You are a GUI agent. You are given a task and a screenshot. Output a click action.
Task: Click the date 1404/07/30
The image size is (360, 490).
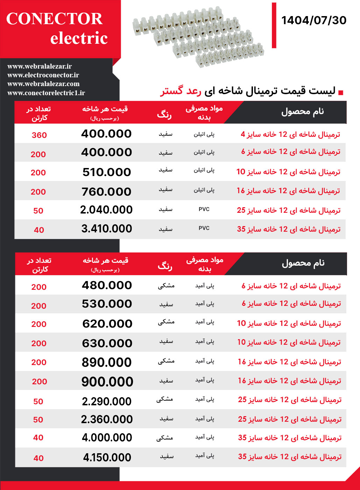(313, 20)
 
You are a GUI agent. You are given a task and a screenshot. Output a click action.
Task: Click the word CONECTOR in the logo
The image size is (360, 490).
(55, 19)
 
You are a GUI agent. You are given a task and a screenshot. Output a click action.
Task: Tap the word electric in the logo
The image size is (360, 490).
(79, 38)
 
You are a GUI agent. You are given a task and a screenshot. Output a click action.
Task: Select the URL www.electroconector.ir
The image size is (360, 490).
(43, 75)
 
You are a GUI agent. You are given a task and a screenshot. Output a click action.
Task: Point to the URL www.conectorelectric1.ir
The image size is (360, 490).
(46, 93)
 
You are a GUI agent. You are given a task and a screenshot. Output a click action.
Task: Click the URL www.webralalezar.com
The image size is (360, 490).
(43, 84)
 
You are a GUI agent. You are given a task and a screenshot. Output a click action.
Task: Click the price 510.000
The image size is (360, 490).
(107, 172)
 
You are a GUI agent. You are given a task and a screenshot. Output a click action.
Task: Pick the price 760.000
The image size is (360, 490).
(106, 192)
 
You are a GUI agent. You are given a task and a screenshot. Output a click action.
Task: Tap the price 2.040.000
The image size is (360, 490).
(106, 210)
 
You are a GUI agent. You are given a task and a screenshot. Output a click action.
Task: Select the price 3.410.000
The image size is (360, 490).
(107, 229)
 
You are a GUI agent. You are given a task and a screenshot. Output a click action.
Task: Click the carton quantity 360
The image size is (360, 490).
(39, 135)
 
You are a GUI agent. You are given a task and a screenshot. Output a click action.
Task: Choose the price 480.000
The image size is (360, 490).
(107, 285)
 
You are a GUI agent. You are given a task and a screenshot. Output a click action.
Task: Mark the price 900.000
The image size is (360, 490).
(107, 381)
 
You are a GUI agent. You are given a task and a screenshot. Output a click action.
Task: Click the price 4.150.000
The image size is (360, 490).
(107, 457)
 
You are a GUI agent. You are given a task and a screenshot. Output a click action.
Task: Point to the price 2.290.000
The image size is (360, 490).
(107, 401)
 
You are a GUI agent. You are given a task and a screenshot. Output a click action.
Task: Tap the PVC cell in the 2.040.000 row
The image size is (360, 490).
(204, 209)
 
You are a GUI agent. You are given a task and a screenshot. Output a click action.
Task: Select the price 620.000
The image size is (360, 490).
(107, 324)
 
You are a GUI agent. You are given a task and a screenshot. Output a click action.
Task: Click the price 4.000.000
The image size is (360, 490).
(107, 437)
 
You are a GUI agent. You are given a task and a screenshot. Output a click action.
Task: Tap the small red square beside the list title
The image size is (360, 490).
(341, 93)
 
